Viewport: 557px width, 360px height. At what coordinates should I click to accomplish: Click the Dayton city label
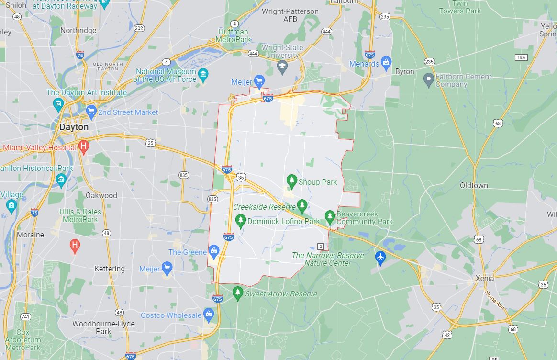tap(74, 127)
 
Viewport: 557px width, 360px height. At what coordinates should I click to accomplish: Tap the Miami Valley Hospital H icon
tap(84, 146)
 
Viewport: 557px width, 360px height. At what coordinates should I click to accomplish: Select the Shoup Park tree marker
tap(291, 181)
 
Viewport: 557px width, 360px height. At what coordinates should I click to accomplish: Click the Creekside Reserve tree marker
tap(302, 206)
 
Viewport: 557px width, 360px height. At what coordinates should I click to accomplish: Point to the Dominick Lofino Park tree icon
tap(241, 221)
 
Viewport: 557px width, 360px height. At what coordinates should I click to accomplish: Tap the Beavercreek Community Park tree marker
tap(330, 217)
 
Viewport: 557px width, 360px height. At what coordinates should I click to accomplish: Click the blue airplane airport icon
tap(380, 257)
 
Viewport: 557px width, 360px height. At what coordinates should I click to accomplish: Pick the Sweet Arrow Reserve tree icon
tap(238, 293)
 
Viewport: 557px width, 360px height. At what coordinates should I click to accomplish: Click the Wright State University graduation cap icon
tap(282, 66)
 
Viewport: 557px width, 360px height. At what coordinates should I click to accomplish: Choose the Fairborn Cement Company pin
tap(429, 78)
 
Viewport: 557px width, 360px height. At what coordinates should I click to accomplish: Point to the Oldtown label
tap(474, 185)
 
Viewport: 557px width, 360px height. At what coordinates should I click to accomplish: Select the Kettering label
tap(110, 269)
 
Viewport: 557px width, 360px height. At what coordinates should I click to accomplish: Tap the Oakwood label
tap(101, 195)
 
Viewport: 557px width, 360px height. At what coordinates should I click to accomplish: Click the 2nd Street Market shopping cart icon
tap(91, 112)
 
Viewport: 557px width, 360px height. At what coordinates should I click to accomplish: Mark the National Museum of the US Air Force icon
tap(204, 75)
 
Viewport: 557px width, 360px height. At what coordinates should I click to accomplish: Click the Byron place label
tap(404, 71)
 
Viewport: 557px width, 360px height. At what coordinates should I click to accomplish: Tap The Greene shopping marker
tap(214, 251)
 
